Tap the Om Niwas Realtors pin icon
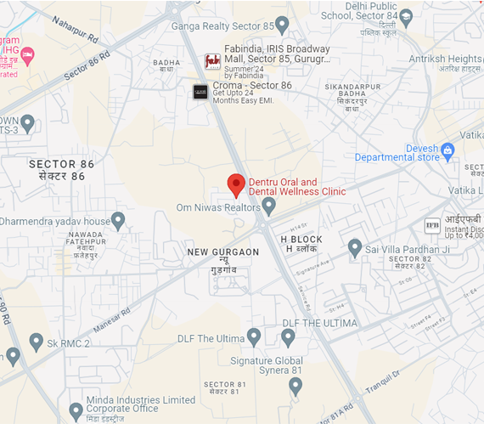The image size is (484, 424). pyautogui.click(x=269, y=206)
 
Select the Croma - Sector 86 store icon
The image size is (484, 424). pyautogui.click(x=200, y=92)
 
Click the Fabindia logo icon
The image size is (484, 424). pyautogui.click(x=212, y=61)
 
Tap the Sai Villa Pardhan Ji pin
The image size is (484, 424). pyautogui.click(x=355, y=248)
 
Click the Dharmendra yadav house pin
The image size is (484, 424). pyautogui.click(x=119, y=221)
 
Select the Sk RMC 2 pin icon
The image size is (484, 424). pyautogui.click(x=36, y=342)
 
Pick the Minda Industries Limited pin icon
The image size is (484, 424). pyautogui.click(x=76, y=410)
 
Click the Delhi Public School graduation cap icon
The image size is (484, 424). pyautogui.click(x=406, y=15)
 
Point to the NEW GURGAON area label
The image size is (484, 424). pyautogui.click(x=223, y=252)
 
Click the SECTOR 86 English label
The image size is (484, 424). pyautogui.click(x=61, y=163)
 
